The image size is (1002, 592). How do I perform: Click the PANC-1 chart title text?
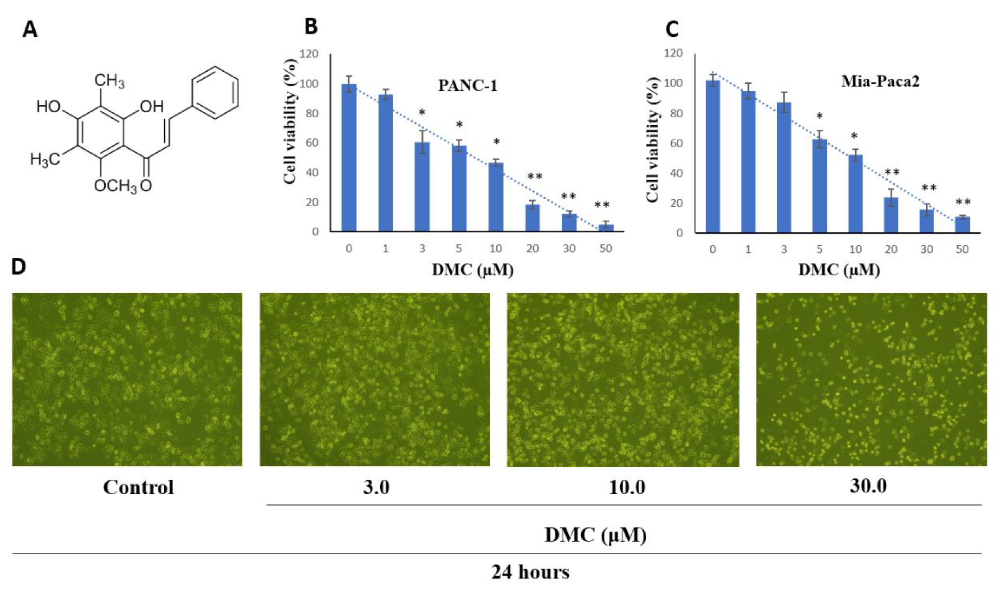tap(468, 85)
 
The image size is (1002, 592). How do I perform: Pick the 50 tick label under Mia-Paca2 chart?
tap(962, 249)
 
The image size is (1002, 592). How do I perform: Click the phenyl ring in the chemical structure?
tap(215, 93)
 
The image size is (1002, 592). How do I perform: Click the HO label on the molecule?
tap(48, 107)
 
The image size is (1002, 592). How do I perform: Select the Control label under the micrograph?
tap(138, 487)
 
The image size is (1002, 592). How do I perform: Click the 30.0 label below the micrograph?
tap(868, 486)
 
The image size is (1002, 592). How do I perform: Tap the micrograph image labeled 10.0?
tap(623, 379)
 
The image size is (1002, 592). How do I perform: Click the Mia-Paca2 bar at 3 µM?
tap(784, 168)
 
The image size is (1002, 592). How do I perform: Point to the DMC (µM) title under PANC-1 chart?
tap(473, 270)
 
